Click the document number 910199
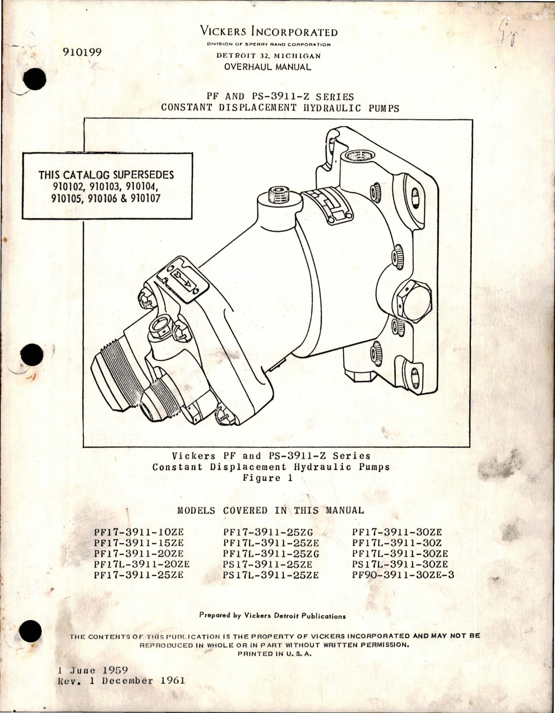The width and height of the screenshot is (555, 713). [x=82, y=53]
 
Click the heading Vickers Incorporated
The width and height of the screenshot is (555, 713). [x=269, y=32]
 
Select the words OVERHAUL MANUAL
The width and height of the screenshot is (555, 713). [x=267, y=67]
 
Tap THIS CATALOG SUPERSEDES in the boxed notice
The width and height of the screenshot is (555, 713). [x=106, y=175]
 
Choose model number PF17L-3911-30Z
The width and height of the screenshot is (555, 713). [x=397, y=543]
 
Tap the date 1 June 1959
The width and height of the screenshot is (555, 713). [x=93, y=670]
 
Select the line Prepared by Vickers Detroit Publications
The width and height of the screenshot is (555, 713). [x=272, y=615]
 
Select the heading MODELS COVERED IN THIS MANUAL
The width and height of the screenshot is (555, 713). [x=271, y=510]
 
